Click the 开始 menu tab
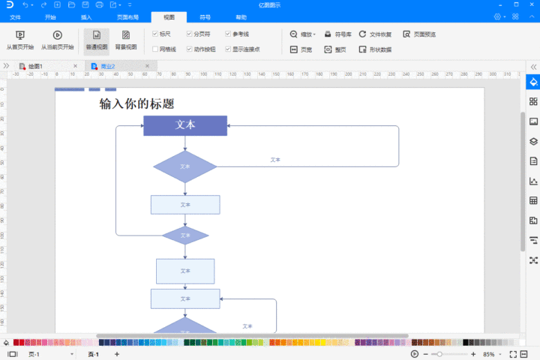pos(50,16)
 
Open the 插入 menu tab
pos(86,16)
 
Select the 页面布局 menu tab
pos(127,16)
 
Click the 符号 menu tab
pos(205,16)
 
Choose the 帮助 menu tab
pos(241,16)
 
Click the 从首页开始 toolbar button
pos(20,40)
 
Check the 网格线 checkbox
pos(155,49)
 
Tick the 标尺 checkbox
pos(155,34)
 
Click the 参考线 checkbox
pos(228,34)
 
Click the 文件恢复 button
pos(376,34)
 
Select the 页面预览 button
pos(419,34)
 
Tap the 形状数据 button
pos(376,49)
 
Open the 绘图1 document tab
pos(35,67)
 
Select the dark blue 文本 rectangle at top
pos(185,125)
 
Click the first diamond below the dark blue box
pos(185,166)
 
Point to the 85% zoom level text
pos(489,354)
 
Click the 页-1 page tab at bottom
pos(93,354)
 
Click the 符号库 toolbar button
pos(338,34)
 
